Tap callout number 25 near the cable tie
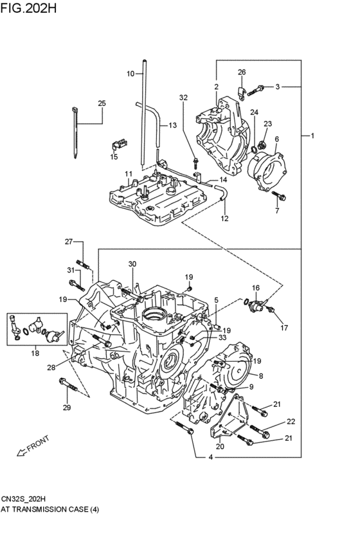point(102,103)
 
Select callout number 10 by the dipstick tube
point(130,74)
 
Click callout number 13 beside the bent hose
point(172,125)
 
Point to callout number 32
point(183,98)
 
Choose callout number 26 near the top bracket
point(242,72)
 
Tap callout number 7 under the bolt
point(278,210)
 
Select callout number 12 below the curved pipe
point(225,219)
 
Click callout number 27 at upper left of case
point(69,241)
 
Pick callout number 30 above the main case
point(132,264)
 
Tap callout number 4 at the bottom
point(210,458)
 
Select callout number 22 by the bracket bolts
point(291,422)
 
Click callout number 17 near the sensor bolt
point(283,327)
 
